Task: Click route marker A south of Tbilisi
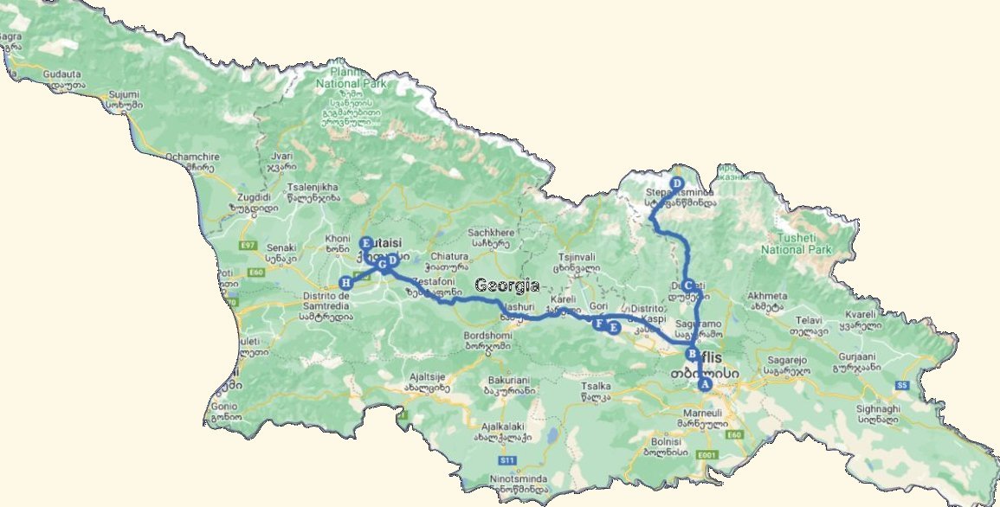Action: [x=705, y=383]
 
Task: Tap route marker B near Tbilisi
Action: [x=692, y=354]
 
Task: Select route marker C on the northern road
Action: [x=688, y=286]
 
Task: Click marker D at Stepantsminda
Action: [x=677, y=183]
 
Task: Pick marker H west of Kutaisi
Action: [x=346, y=282]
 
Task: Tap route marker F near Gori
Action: [x=598, y=324]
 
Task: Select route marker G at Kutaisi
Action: [x=381, y=262]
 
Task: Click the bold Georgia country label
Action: [x=507, y=286]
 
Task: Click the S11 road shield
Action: [x=508, y=460]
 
